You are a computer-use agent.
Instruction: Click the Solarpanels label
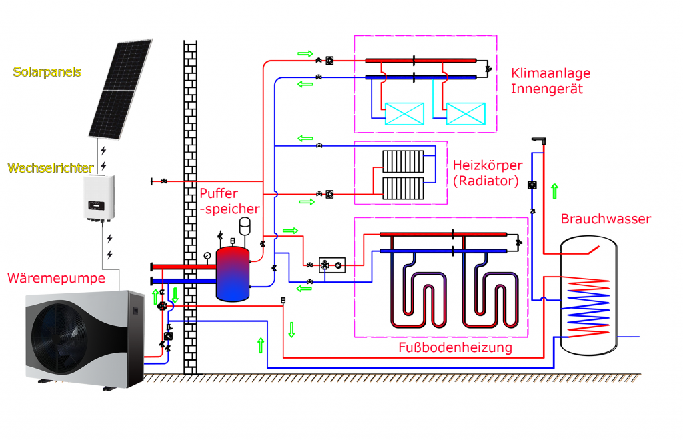47,71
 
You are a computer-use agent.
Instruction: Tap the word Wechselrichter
51,167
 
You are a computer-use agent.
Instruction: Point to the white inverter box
99,199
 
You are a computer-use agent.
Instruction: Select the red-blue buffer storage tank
232,272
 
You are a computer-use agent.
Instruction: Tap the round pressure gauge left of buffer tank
209,254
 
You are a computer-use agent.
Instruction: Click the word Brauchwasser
606,219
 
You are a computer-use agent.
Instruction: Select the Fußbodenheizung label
455,347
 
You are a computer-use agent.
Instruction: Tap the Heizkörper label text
486,165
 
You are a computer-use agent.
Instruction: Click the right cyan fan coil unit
465,113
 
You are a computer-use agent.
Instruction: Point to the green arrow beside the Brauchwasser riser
554,191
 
